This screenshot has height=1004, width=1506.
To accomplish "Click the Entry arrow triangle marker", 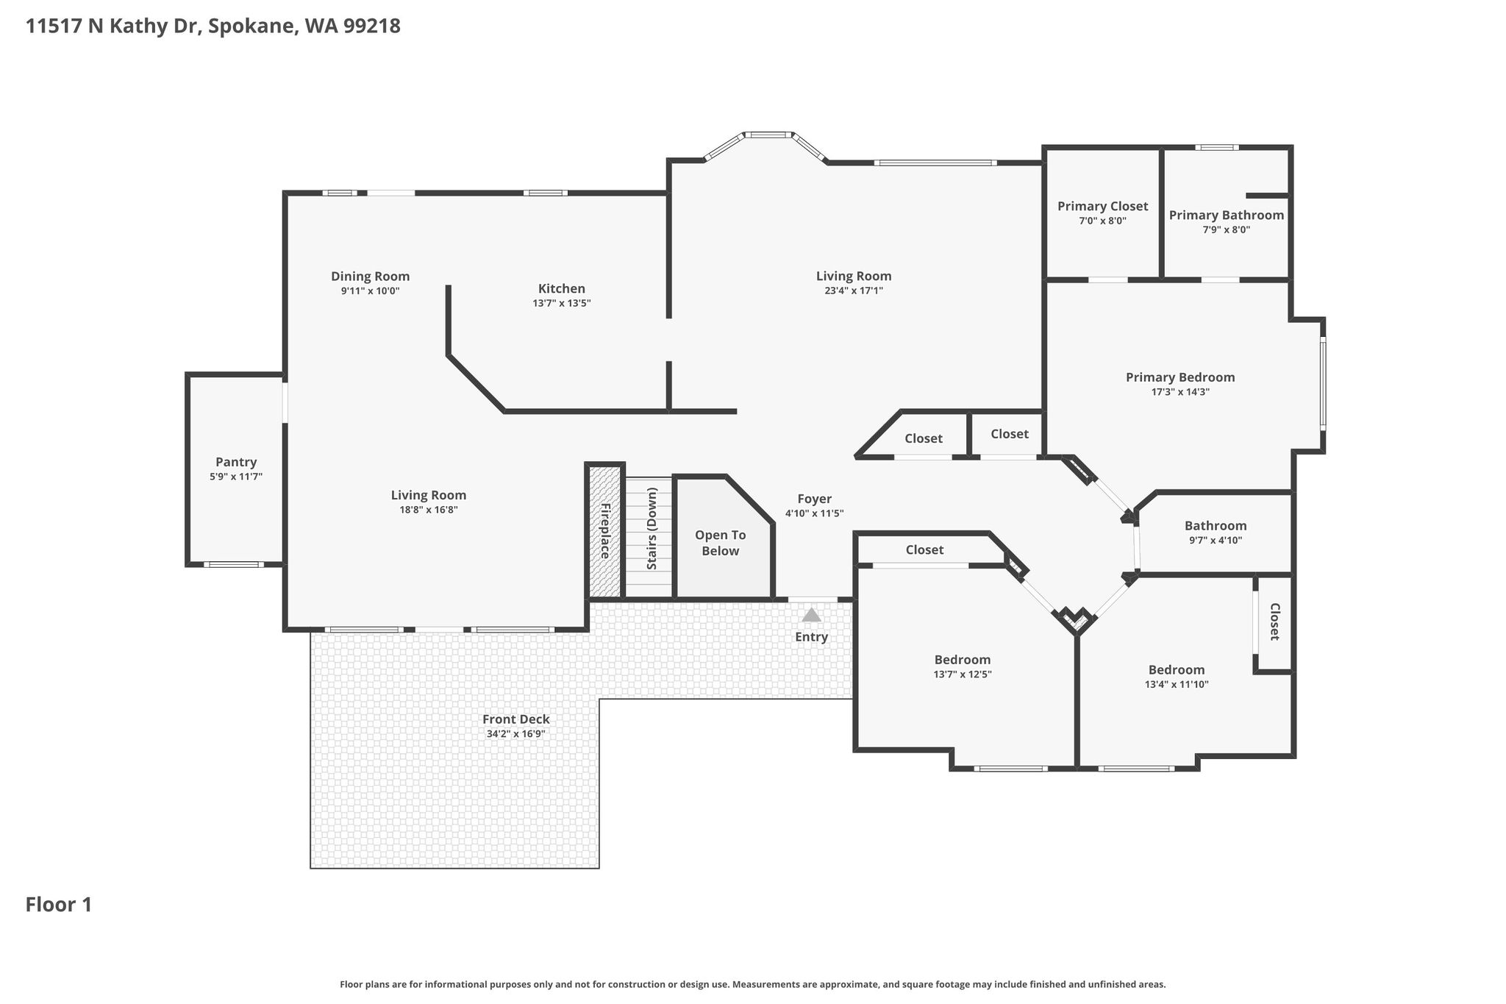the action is click(811, 615).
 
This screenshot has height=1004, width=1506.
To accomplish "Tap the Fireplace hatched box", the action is click(605, 530).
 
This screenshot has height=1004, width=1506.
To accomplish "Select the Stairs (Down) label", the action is click(652, 529).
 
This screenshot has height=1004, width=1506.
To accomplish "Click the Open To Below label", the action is click(721, 544).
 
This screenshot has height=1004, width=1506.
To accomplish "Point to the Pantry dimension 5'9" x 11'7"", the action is click(236, 477).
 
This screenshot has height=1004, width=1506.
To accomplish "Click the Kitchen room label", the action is click(562, 289).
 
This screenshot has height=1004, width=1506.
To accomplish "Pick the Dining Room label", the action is click(370, 277).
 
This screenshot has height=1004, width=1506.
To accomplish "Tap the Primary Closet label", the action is click(1102, 207).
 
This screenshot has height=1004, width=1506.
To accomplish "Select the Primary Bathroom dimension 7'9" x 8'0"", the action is click(1227, 229).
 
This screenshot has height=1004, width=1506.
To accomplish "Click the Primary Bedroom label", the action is click(1180, 377).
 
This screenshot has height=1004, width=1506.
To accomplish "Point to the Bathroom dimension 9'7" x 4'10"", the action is click(1216, 540).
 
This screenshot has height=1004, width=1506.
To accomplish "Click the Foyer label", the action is click(814, 499).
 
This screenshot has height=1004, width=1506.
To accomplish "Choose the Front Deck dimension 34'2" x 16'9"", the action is click(515, 733).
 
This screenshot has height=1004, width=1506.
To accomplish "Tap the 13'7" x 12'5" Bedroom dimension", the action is click(963, 674).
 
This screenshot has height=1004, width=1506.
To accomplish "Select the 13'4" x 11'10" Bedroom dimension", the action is click(1177, 684).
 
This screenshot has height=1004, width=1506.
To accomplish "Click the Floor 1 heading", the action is click(59, 904).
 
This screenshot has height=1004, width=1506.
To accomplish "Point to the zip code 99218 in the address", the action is click(371, 26).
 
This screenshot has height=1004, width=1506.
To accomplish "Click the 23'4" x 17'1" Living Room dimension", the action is click(854, 291).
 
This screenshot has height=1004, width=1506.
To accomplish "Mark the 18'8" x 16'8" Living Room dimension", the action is click(428, 510).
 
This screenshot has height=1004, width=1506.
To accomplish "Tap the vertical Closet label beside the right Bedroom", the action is click(1275, 622).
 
